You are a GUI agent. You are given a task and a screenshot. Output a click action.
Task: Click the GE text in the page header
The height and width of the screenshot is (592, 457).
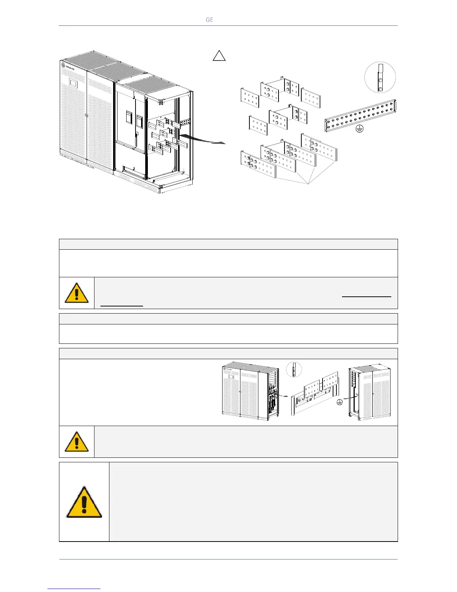pos(209,20)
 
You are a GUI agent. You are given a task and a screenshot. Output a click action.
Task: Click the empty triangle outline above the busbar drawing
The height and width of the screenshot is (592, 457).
pos(219,56)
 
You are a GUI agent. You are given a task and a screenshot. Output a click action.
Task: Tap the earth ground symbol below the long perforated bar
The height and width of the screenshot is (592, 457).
pos(360,130)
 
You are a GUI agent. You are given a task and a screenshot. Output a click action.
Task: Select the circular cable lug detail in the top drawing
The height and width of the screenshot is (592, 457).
pos(380,77)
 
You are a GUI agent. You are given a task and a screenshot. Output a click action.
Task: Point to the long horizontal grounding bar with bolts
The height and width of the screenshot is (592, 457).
pos(360,115)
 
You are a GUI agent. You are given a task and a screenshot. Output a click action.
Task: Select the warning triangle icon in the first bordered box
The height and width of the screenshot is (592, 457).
pos(77,293)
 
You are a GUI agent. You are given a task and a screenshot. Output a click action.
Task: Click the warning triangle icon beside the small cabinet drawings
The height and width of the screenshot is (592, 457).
pos(77,442)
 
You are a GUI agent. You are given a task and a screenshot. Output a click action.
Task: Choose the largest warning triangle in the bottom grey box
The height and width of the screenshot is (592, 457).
pos(84,502)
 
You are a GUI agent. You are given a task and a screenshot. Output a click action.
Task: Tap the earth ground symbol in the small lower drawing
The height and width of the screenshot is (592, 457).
pos(340,402)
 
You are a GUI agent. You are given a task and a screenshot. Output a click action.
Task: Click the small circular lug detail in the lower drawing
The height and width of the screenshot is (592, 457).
pos(294,370)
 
